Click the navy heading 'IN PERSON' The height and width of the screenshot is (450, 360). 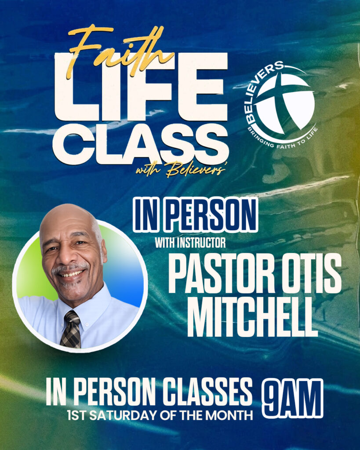[195, 216]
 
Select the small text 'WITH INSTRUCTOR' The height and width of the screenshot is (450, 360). [190, 243]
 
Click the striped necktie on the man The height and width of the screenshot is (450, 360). [71, 330]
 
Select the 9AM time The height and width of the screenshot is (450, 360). [292, 398]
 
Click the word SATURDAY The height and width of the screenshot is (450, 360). [123, 415]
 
